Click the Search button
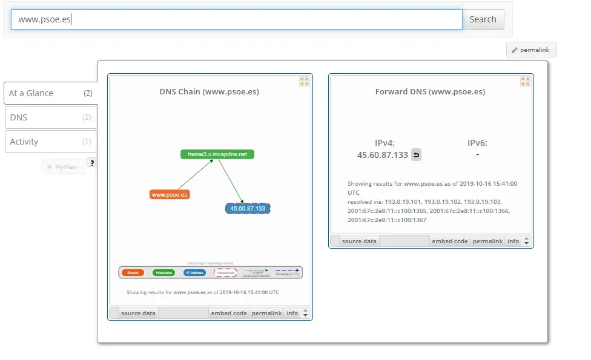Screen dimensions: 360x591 [483, 19]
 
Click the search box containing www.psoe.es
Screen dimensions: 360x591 [236, 19]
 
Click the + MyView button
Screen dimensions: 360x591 [63, 166]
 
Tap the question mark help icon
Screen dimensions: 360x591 [91, 162]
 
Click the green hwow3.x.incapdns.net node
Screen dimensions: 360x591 [217, 154]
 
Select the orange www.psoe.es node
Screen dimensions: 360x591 [170, 195]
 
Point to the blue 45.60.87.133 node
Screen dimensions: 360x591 [247, 208]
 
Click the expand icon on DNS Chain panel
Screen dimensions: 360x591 [304, 81]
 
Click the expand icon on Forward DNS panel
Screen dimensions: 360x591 [525, 81]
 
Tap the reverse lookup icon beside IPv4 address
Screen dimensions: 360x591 [416, 155]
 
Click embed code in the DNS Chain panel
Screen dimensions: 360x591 [228, 313]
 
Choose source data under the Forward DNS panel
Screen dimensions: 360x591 [359, 241]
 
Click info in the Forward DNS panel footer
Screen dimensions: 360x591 [513, 241]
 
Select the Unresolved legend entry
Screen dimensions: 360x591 [226, 273]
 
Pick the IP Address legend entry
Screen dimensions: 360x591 [194, 273]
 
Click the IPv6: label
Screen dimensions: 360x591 [477, 143]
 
